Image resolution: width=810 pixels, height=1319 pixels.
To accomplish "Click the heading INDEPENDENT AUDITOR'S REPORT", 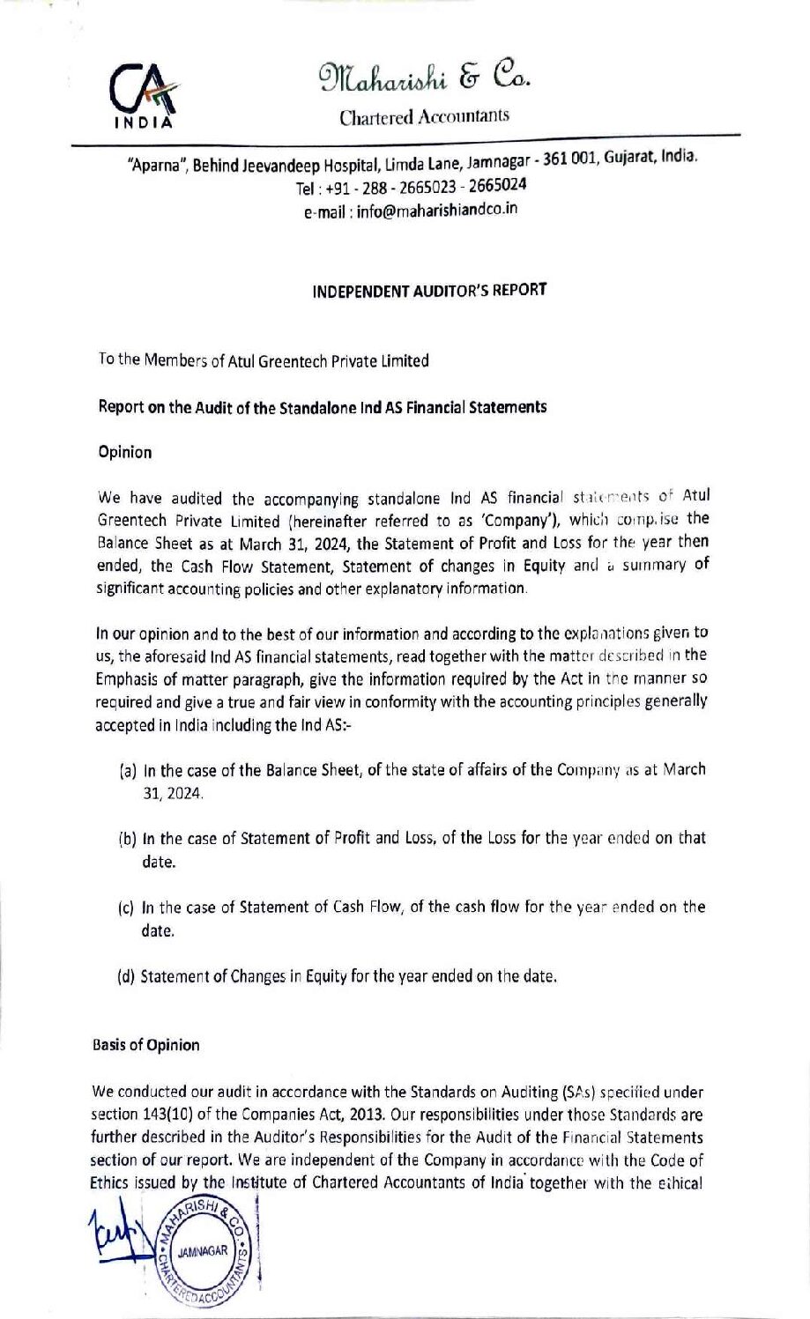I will tap(429, 290).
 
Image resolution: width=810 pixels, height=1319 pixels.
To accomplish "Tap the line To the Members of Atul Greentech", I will tap(264, 360).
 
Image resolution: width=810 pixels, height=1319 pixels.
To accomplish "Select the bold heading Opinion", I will tap(124, 453).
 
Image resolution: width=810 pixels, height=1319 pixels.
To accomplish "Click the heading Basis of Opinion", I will tap(145, 1045).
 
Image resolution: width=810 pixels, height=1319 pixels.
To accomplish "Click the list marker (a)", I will tap(127, 770).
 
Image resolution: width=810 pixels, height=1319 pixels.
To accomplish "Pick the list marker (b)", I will tap(127, 839).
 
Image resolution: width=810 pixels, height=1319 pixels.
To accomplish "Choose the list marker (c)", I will tap(127, 908).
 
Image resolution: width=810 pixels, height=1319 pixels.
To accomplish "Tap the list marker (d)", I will tap(127, 976).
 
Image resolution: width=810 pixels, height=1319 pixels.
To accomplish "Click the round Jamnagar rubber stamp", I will tap(204, 1250).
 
